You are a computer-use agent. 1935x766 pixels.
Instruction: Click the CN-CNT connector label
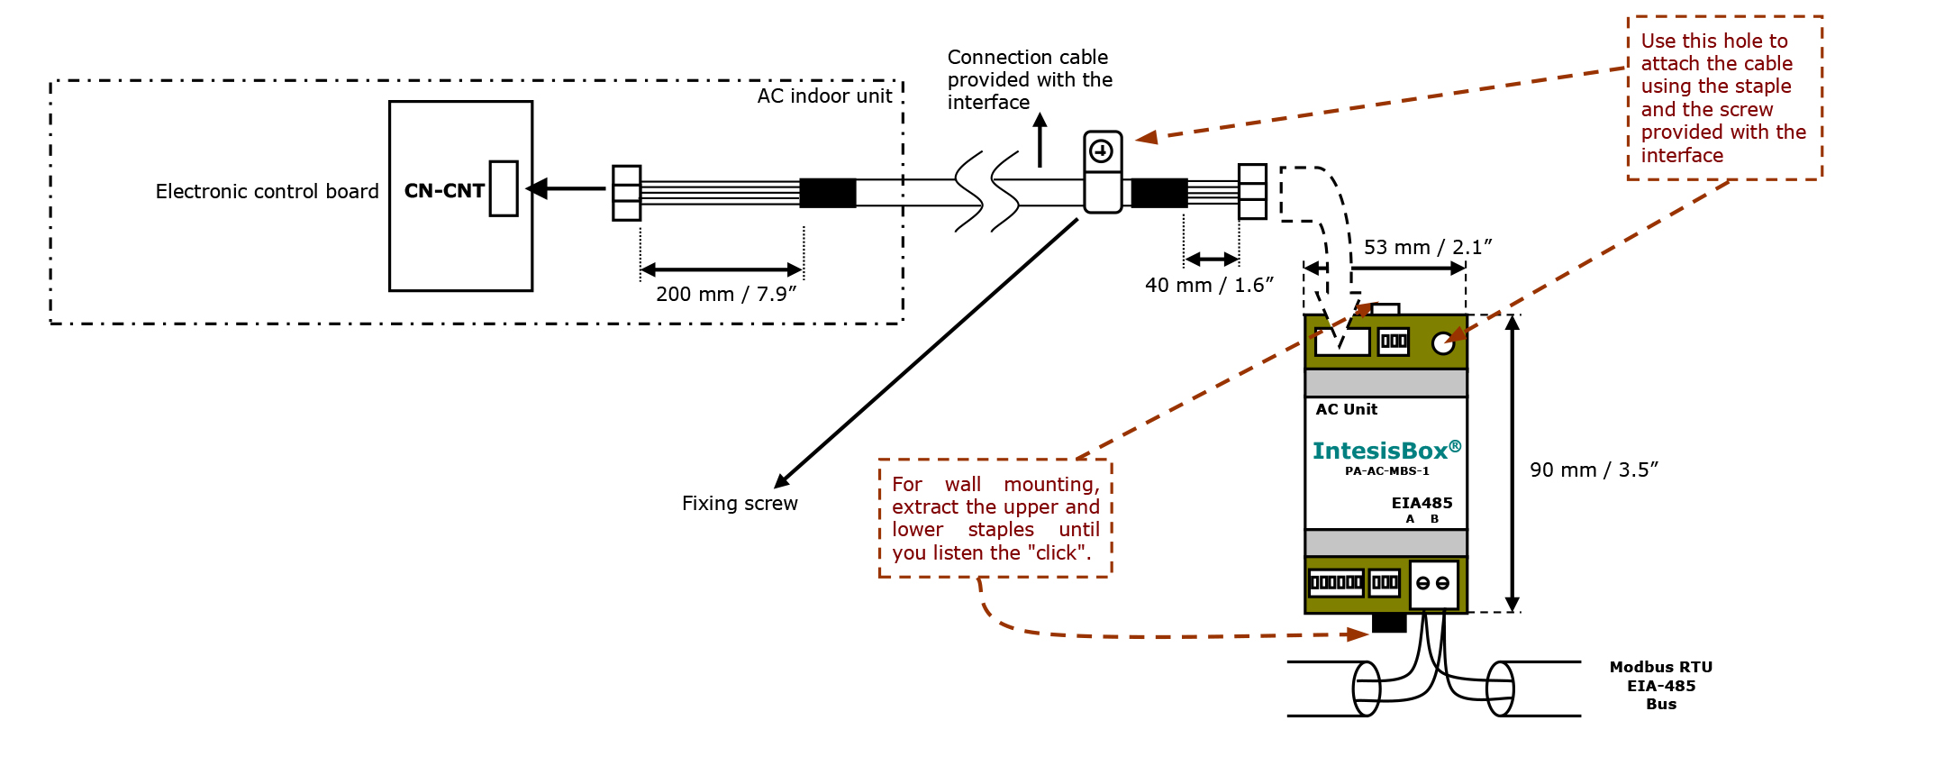(x=444, y=191)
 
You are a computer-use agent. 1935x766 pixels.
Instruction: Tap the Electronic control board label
(x=267, y=191)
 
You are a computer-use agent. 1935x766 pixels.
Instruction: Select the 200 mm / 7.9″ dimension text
(x=725, y=295)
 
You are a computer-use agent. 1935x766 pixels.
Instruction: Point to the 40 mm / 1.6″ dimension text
(x=1208, y=286)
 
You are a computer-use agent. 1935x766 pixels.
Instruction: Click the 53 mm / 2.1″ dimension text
(x=1427, y=247)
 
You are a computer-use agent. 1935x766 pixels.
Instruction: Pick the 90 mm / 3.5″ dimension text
(x=1593, y=470)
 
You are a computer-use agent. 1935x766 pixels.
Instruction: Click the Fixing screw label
(x=740, y=504)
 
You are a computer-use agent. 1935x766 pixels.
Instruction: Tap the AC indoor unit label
(x=824, y=96)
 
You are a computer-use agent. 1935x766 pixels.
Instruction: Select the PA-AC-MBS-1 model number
(x=1386, y=471)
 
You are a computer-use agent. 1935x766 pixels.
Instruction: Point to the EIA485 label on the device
(x=1422, y=503)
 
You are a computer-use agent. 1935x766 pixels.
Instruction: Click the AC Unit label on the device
(x=1346, y=409)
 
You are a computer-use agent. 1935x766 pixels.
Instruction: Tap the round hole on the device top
(x=1442, y=342)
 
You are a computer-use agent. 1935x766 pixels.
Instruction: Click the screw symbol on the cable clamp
(x=1102, y=151)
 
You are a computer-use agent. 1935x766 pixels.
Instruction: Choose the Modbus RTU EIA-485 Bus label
(x=1660, y=686)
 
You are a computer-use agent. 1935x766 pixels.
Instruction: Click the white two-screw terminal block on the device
(x=1432, y=583)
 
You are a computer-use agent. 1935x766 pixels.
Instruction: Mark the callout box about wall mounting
(x=995, y=518)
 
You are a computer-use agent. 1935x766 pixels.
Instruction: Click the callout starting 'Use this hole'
(x=1723, y=97)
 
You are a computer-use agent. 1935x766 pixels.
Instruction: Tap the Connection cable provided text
(x=1029, y=79)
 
